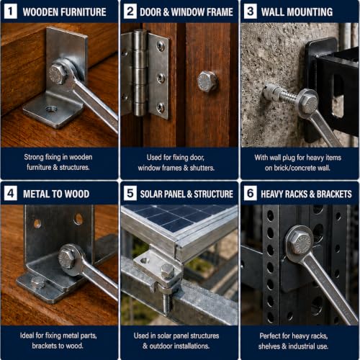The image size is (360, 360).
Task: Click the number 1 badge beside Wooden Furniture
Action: [11, 12]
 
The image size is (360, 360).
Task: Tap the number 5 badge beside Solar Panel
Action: [130, 193]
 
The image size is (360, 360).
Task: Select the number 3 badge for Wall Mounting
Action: [251, 12]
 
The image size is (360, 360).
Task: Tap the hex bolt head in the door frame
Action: [207, 81]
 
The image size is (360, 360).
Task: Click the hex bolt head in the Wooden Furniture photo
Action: [57, 73]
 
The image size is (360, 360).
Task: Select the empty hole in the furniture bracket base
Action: [51, 109]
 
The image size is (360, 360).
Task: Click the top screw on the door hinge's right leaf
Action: [161, 45]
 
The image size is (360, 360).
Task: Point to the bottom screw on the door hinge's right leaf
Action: [161, 107]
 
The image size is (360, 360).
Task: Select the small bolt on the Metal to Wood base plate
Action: [37, 282]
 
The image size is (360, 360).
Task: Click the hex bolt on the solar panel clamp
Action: [167, 271]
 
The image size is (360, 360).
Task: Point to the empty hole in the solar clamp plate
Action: [145, 260]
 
